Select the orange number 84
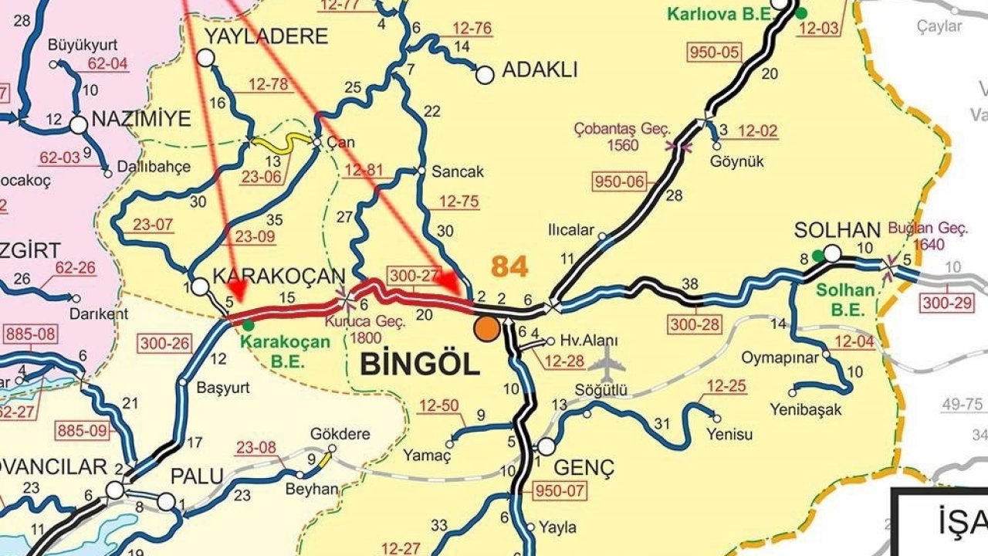pos(509,266)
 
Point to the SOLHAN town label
pos(837,231)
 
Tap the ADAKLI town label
pos(540,70)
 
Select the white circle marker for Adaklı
pos(485,75)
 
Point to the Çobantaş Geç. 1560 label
pos(622,136)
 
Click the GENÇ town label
pos(584,467)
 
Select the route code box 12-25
pos(726,386)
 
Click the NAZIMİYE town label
pos(140,119)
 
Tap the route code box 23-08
pos(255,447)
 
